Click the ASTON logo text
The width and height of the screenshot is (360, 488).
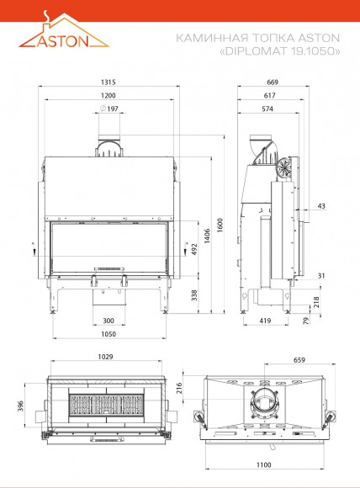click(63, 40)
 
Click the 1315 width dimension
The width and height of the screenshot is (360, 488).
click(109, 82)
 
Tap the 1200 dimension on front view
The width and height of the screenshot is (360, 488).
click(109, 96)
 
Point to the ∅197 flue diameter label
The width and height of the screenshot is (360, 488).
click(109, 109)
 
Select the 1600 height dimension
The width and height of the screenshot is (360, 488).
click(220, 225)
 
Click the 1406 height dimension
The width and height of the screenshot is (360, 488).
click(208, 236)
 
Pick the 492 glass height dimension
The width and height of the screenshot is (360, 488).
click(194, 249)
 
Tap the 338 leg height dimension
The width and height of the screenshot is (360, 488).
click(194, 295)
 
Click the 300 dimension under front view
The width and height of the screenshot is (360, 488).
click(109, 321)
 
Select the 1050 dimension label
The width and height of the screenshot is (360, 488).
click(109, 334)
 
